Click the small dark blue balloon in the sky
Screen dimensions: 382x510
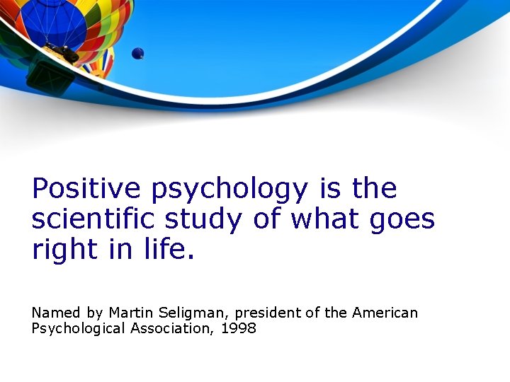[137, 53]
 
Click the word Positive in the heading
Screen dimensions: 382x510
[87, 189]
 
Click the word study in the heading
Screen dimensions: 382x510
[203, 220]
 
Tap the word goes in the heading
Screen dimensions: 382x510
[402, 221]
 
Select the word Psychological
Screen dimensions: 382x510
[78, 329]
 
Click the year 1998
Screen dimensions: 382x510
[238, 328]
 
